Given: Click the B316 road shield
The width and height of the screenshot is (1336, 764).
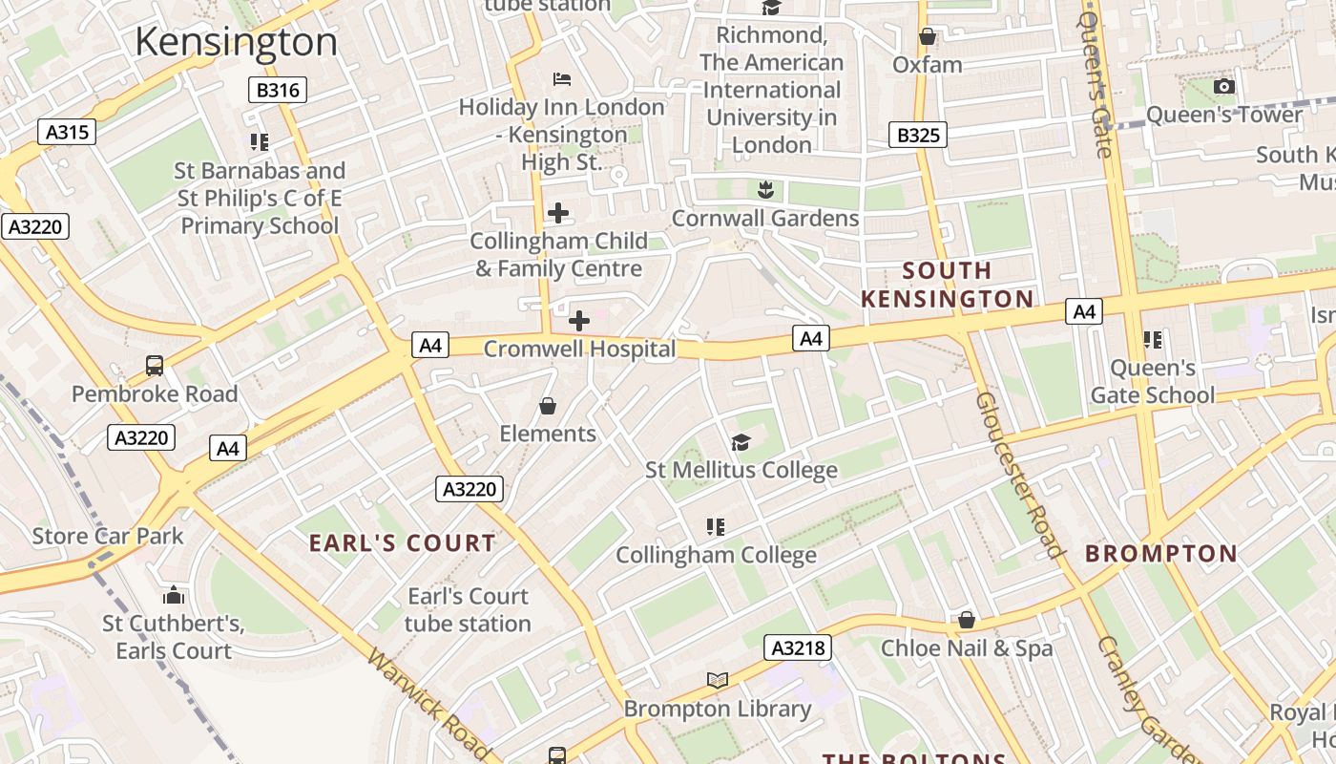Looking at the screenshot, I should click(x=278, y=91).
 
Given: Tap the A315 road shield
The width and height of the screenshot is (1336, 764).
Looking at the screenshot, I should click(x=68, y=132).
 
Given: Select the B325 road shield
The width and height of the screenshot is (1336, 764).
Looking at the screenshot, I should click(x=918, y=135).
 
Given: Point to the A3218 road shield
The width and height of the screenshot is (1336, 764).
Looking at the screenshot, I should click(x=798, y=648).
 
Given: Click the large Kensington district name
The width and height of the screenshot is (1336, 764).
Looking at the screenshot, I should click(x=237, y=43).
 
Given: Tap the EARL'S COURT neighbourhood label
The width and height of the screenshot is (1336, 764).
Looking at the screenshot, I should click(x=402, y=543).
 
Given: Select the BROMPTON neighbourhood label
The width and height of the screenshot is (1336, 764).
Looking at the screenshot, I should click(x=1161, y=554).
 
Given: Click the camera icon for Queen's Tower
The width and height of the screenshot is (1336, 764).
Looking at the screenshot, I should click(x=1223, y=87).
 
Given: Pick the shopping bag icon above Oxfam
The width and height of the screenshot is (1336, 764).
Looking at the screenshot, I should click(x=927, y=37).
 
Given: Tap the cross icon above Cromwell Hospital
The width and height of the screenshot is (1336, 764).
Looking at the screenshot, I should click(x=579, y=321).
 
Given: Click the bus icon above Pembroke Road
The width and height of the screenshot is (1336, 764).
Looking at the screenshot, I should click(x=155, y=365).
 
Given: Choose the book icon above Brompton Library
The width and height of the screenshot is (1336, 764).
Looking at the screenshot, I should click(x=718, y=680).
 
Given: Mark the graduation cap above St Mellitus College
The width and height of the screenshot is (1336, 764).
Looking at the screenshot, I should click(x=741, y=441).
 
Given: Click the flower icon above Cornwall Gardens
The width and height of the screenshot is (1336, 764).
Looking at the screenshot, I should click(x=764, y=189).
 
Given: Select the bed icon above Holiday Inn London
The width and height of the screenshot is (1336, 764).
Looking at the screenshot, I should click(x=562, y=78).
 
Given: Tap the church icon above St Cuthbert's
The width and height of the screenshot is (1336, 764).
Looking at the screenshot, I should click(x=174, y=596).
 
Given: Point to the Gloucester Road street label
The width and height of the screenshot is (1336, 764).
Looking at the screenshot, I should click(x=1019, y=474).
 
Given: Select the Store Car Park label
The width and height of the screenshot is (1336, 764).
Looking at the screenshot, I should click(x=108, y=536).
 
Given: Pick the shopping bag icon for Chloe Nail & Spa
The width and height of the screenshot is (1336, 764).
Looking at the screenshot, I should click(x=967, y=621).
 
